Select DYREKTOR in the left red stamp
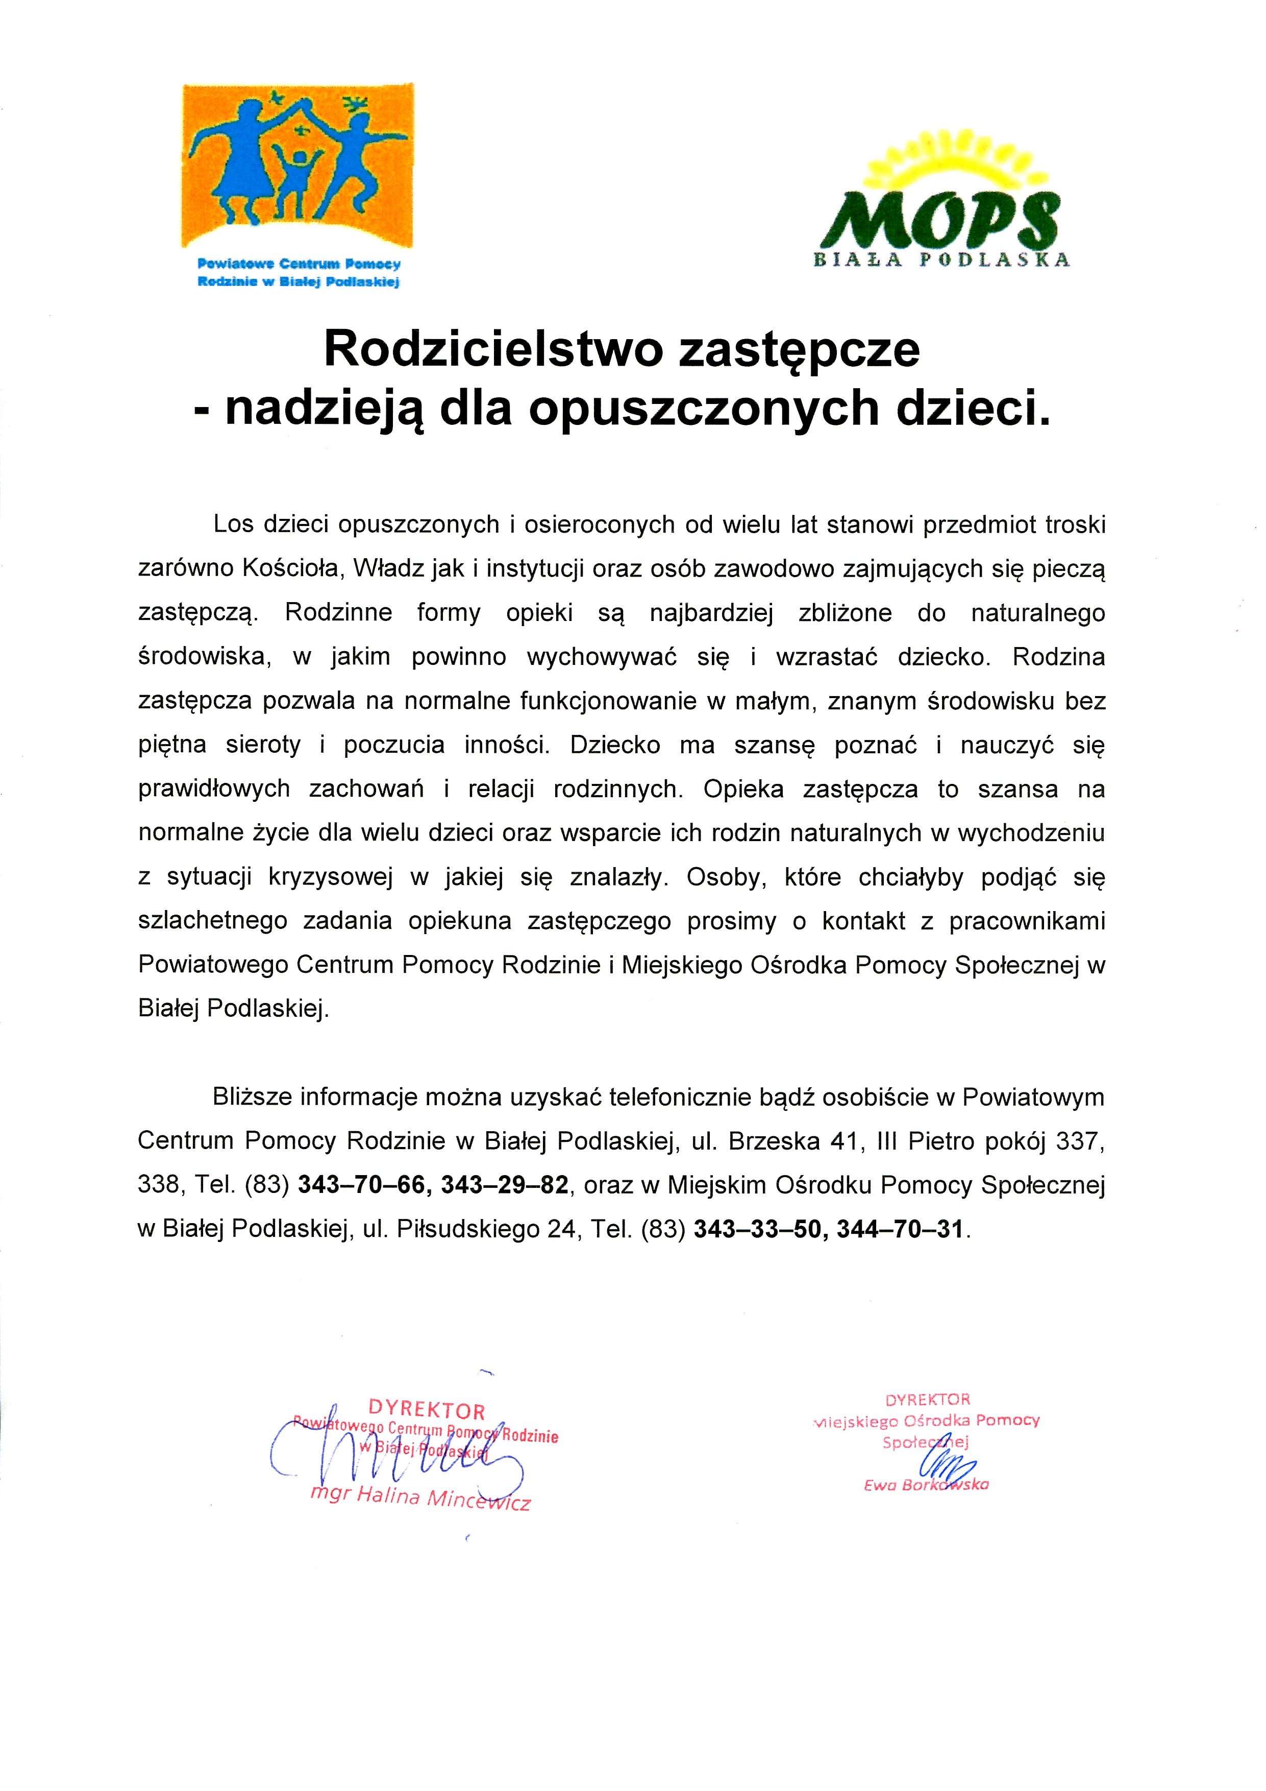(427, 1410)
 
